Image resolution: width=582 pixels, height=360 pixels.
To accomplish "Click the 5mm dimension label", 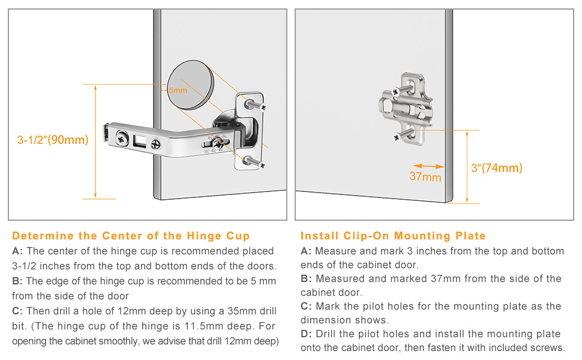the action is click(x=178, y=90).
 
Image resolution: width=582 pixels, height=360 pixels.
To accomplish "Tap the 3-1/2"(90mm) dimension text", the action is click(x=53, y=140).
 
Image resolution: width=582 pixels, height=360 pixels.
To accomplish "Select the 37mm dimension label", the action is click(x=425, y=176).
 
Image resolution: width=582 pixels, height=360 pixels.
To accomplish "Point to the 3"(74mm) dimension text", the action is click(x=497, y=168).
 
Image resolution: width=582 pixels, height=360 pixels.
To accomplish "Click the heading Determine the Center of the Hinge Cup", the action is click(x=131, y=236).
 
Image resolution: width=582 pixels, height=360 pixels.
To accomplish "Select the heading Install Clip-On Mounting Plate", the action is click(x=393, y=236).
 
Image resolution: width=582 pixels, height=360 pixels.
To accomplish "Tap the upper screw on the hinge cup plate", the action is click(x=256, y=104).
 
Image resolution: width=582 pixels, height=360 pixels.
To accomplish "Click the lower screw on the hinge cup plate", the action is click(x=254, y=163).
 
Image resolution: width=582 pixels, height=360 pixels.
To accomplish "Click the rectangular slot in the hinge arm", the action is click(x=140, y=140).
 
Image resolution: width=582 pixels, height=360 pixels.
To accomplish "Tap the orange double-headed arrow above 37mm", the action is click(x=428, y=166).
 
